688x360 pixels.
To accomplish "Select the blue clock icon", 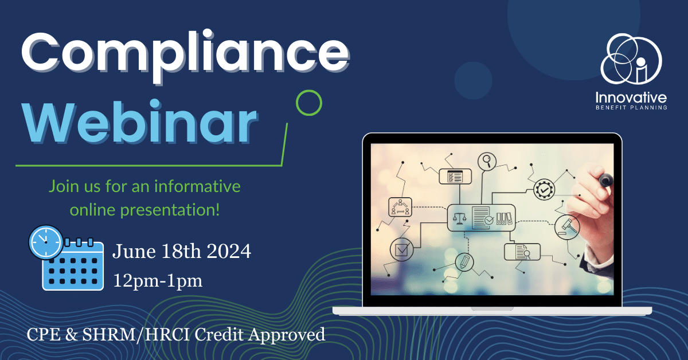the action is pyautogui.click(x=46, y=242).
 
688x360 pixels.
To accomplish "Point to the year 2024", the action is pyautogui.click(x=229, y=251).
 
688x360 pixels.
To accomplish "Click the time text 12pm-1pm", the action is pyautogui.click(x=158, y=281).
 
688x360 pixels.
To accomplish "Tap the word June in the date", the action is pyautogui.click(x=134, y=251).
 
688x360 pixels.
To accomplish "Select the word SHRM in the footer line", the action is pyautogui.click(x=109, y=334).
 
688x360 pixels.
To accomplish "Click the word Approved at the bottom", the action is pyautogui.click(x=287, y=335).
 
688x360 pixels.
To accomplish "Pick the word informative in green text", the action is pyautogui.click(x=197, y=186).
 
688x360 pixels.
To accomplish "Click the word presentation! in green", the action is pyautogui.click(x=170, y=211).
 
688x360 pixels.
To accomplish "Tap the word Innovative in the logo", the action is pyautogui.click(x=631, y=98).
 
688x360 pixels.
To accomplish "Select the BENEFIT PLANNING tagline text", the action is pyautogui.click(x=631, y=108).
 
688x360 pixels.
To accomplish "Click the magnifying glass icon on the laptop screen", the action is pyautogui.click(x=487, y=161).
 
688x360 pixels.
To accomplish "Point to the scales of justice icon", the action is pyautogui.click(x=459, y=218).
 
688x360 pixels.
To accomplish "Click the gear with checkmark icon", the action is pyautogui.click(x=544, y=190).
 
